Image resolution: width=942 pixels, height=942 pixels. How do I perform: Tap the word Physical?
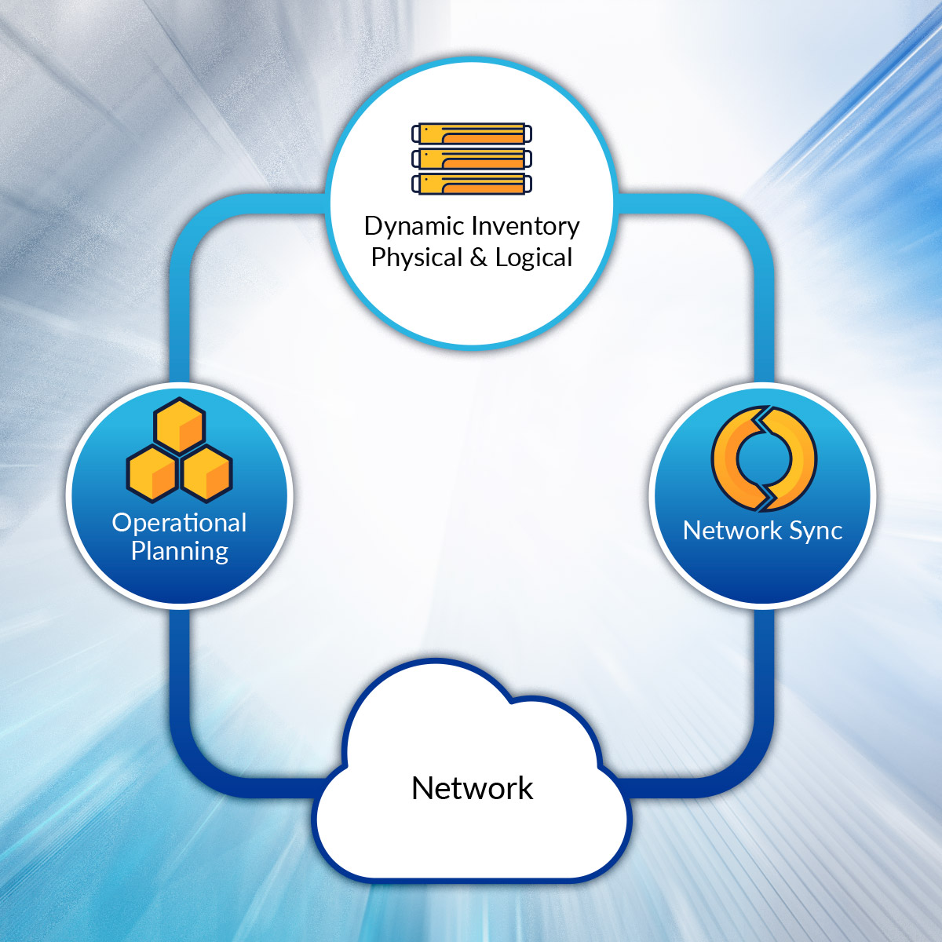(x=416, y=257)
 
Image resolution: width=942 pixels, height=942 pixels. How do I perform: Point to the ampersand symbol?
(x=479, y=257)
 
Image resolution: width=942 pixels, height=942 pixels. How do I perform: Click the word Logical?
(x=534, y=257)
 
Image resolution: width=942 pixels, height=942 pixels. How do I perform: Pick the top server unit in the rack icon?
(x=472, y=133)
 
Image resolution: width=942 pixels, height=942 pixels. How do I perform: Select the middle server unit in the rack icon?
(x=472, y=159)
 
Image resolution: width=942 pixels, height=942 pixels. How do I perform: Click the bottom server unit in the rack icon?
(x=472, y=184)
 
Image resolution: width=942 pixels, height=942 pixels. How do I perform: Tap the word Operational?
(x=179, y=523)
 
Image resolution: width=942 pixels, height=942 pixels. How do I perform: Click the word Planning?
(x=179, y=551)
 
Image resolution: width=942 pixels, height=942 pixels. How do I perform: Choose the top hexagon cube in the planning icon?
(x=180, y=425)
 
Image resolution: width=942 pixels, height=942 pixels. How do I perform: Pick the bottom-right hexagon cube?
(x=206, y=473)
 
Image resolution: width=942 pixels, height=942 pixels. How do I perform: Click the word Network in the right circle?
(x=732, y=531)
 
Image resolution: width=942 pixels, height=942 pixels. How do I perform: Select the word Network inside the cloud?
(x=472, y=788)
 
